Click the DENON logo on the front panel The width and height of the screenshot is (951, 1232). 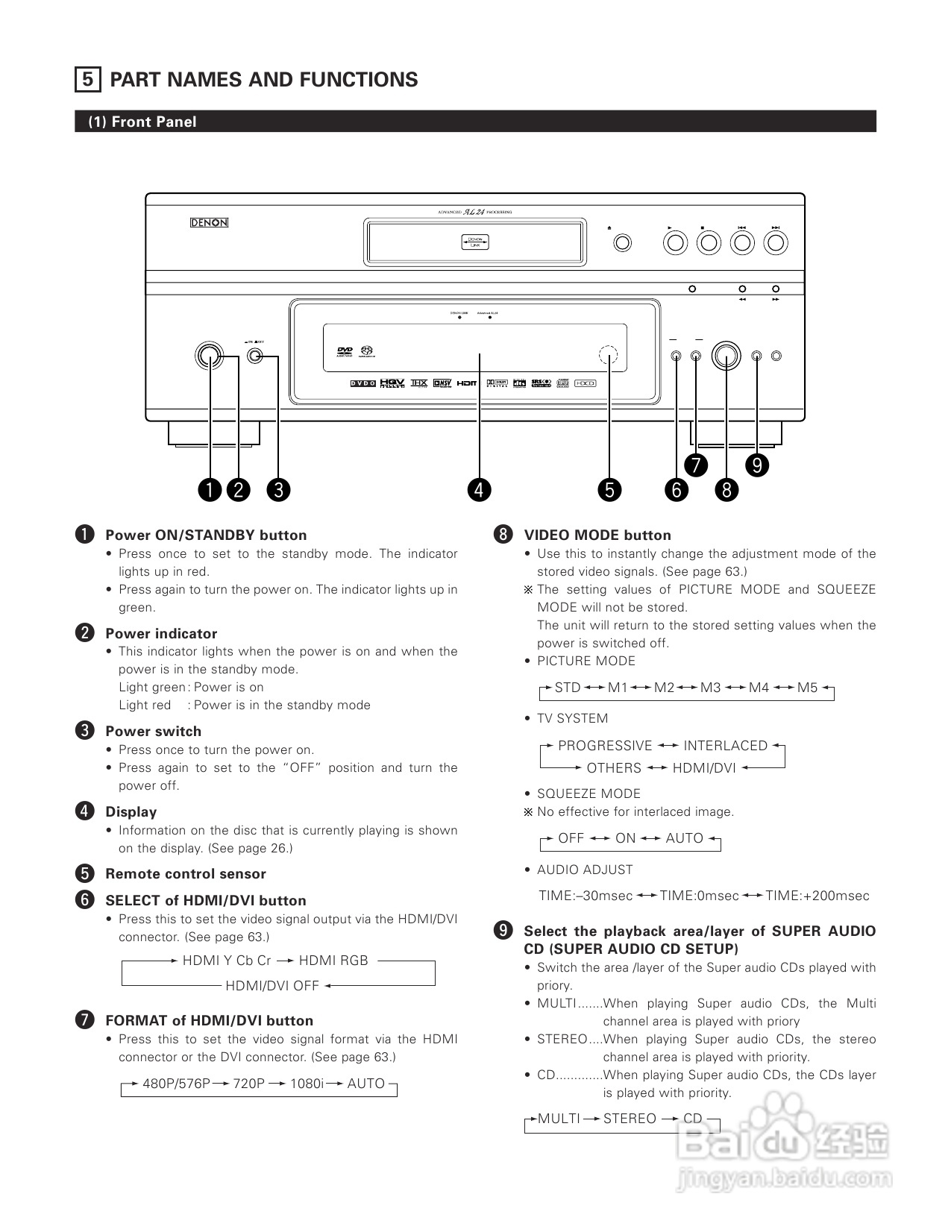(x=209, y=223)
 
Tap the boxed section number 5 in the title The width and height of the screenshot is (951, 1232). (x=88, y=80)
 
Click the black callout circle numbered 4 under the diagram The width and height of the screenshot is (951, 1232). (x=479, y=490)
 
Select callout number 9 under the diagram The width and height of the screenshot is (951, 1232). (x=757, y=465)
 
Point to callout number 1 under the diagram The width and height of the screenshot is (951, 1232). (x=210, y=490)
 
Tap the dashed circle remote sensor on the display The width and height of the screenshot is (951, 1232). (x=609, y=356)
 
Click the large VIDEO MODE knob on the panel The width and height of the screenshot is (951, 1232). (x=726, y=356)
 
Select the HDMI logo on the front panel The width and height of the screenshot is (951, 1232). (x=467, y=383)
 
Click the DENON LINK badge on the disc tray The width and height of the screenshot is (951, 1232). (x=475, y=242)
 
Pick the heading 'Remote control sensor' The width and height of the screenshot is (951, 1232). (x=186, y=874)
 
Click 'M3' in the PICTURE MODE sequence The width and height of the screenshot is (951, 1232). (x=710, y=688)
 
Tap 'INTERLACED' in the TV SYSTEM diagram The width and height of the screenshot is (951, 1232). (x=725, y=746)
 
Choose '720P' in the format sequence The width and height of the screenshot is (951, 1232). (x=248, y=1084)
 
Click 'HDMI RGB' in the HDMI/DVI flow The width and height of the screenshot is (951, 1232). (x=333, y=961)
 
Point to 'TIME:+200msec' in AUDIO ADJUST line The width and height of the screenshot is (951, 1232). (x=817, y=896)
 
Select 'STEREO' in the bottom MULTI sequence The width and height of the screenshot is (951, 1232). (x=630, y=1119)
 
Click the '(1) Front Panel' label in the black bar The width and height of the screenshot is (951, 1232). (x=142, y=122)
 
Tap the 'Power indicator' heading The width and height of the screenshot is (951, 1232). (x=161, y=634)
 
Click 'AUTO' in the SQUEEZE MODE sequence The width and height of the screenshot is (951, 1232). (x=684, y=838)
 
